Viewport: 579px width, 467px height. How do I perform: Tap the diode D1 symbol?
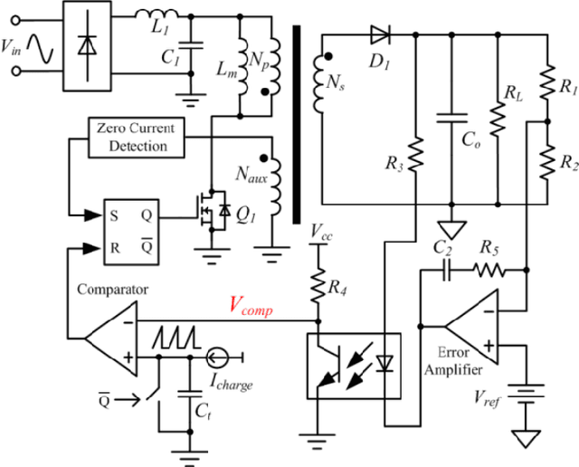[381, 36]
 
